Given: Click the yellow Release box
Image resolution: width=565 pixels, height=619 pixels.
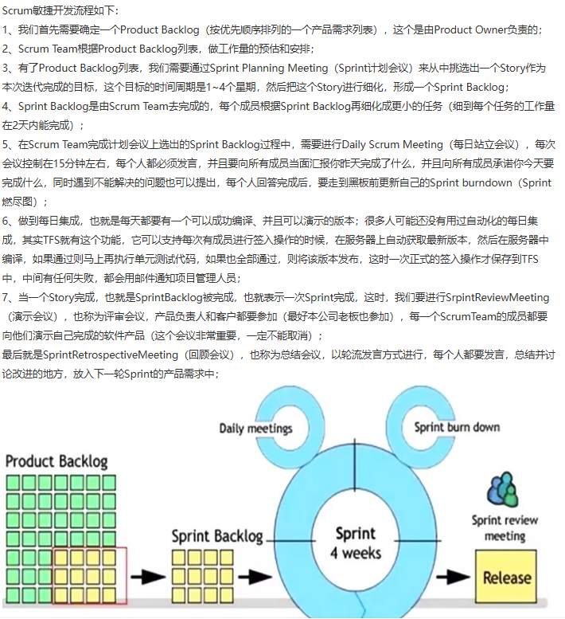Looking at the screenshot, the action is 505,576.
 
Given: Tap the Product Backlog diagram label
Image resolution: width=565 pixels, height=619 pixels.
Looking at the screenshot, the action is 56,461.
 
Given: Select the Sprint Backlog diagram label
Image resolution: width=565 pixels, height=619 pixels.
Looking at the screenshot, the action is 217,536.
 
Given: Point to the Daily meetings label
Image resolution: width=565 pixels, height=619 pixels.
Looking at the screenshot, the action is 256,429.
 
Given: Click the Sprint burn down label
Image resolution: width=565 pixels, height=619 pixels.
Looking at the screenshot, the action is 457,427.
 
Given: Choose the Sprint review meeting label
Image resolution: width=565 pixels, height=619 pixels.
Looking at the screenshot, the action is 505,528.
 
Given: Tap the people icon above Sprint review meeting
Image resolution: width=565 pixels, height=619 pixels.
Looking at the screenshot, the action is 502,488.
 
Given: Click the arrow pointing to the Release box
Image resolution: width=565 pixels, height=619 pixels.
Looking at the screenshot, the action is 453,577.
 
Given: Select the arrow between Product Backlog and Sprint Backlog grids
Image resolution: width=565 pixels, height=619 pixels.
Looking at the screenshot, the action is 148,577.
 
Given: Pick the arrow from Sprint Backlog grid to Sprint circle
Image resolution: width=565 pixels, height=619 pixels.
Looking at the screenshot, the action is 255,577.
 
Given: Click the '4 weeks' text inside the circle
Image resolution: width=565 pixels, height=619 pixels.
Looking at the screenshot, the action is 356,553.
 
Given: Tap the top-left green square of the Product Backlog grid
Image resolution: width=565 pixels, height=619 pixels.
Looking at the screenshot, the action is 14,483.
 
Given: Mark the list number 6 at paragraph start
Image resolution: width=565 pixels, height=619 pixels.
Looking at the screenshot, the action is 5,221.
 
